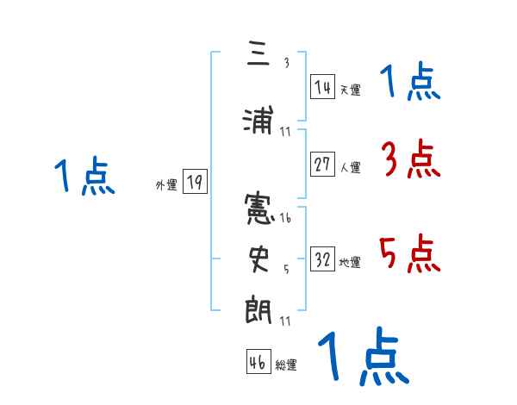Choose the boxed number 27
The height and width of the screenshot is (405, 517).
pyautogui.click(x=322, y=165)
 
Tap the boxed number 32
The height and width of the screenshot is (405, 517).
pyautogui.click(x=322, y=260)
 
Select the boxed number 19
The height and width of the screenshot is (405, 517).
pyautogui.click(x=195, y=182)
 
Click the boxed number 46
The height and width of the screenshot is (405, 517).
pyautogui.click(x=258, y=363)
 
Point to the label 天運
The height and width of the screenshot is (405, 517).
pyautogui.click(x=350, y=90)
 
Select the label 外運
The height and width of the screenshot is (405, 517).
pyautogui.click(x=166, y=185)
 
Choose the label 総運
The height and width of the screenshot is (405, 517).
pyautogui.click(x=285, y=366)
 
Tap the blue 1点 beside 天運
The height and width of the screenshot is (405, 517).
pyautogui.click(x=410, y=83)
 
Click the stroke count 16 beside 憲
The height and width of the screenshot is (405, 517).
pyautogui.click(x=285, y=218)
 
